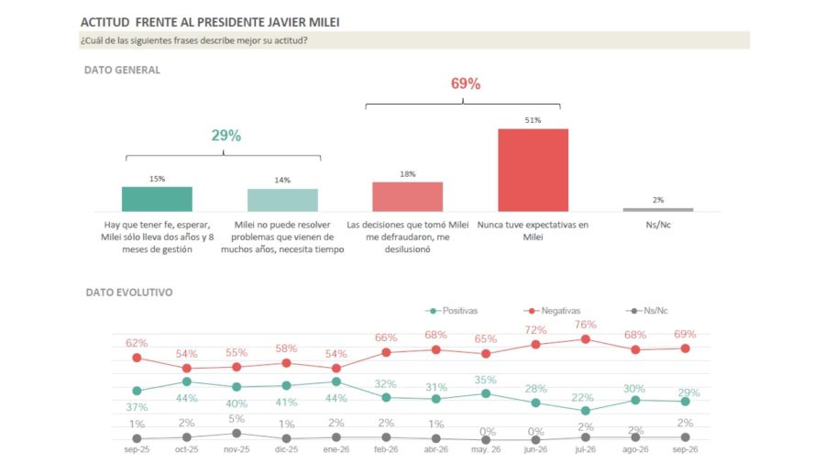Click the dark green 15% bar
[x=157, y=199]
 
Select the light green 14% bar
[x=282, y=200]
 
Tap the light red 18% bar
[x=408, y=197]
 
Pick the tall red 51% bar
[x=533, y=170]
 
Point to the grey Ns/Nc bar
[x=658, y=210]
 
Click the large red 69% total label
[x=466, y=83]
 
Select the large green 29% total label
[x=226, y=136]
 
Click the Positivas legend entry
[x=451, y=311]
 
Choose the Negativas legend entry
[x=552, y=311]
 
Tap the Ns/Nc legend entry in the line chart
[x=646, y=311]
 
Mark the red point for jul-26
[x=586, y=339]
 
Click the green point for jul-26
[x=586, y=411]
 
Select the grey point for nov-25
[x=236, y=434]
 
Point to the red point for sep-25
[x=137, y=358]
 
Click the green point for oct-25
[x=187, y=381]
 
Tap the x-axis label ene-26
[x=336, y=450]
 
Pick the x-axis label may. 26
[x=486, y=450]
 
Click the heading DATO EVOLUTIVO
[x=129, y=293]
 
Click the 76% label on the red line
[x=586, y=325]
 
